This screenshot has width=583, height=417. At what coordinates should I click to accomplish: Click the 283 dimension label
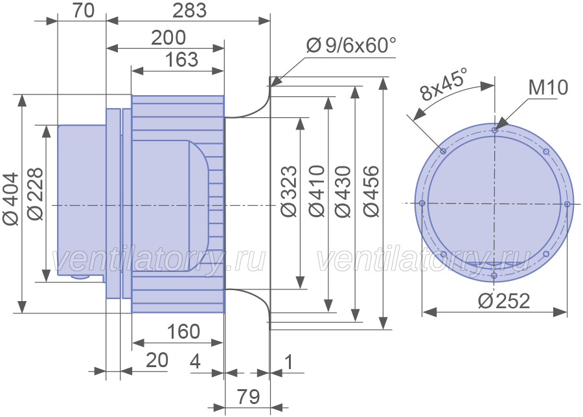point(189,10)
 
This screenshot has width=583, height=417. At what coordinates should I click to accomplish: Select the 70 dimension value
point(84,10)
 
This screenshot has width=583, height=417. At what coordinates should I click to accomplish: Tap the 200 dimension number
point(168,38)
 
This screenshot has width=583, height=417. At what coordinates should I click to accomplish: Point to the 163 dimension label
point(181,60)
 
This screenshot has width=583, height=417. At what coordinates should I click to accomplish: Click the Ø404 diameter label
point(10,199)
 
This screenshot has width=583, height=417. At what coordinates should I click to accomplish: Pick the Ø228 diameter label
point(36,194)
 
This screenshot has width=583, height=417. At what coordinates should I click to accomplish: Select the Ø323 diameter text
point(289,191)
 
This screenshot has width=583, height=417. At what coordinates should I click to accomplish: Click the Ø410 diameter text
point(317,191)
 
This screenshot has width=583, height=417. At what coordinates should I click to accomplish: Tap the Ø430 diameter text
point(343,192)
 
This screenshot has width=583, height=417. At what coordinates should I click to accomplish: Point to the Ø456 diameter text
point(371,192)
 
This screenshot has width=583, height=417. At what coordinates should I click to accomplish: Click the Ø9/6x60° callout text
point(351,46)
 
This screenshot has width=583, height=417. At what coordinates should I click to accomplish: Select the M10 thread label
point(548,87)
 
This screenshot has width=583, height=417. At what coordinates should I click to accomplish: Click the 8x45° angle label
point(443,84)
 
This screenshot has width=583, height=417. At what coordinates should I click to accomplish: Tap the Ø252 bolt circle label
point(504,300)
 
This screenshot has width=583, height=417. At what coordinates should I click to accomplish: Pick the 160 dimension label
point(184,331)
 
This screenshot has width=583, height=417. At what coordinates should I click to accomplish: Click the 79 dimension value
point(248,396)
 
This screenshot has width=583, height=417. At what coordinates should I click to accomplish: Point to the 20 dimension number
point(157,360)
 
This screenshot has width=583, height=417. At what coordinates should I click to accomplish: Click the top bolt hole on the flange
point(494,130)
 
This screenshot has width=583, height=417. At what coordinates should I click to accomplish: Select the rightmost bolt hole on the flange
point(567,204)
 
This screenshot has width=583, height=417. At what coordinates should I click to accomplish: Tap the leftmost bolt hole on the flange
point(422,203)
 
